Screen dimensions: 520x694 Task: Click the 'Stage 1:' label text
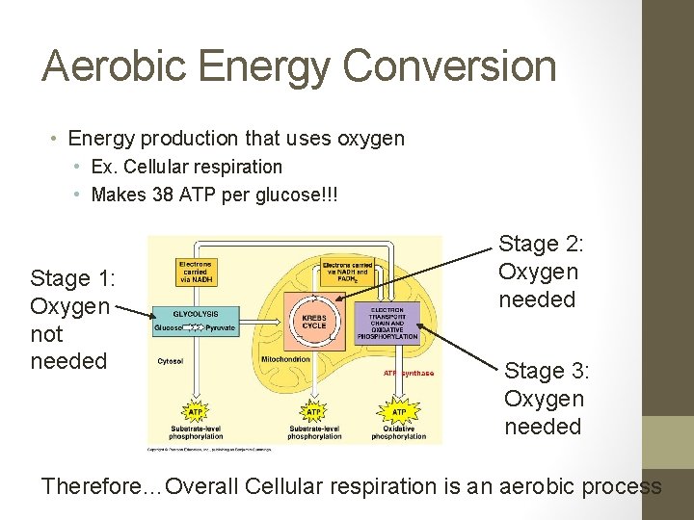73,279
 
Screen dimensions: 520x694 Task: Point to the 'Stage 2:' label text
541,245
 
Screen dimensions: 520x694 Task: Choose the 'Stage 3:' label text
547,371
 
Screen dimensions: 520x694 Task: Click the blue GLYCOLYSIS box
195,321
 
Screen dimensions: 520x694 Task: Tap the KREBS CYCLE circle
314,321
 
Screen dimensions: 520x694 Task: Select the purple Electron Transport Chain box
387,324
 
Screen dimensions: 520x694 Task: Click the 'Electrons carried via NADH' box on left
196,273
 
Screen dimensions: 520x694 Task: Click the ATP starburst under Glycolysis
195,412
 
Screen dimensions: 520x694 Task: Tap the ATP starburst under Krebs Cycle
314,412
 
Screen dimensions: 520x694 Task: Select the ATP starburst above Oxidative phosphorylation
399,412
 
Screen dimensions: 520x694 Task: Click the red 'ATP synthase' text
409,373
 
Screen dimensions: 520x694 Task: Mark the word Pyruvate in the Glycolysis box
221,328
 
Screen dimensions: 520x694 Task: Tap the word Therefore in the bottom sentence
92,486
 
